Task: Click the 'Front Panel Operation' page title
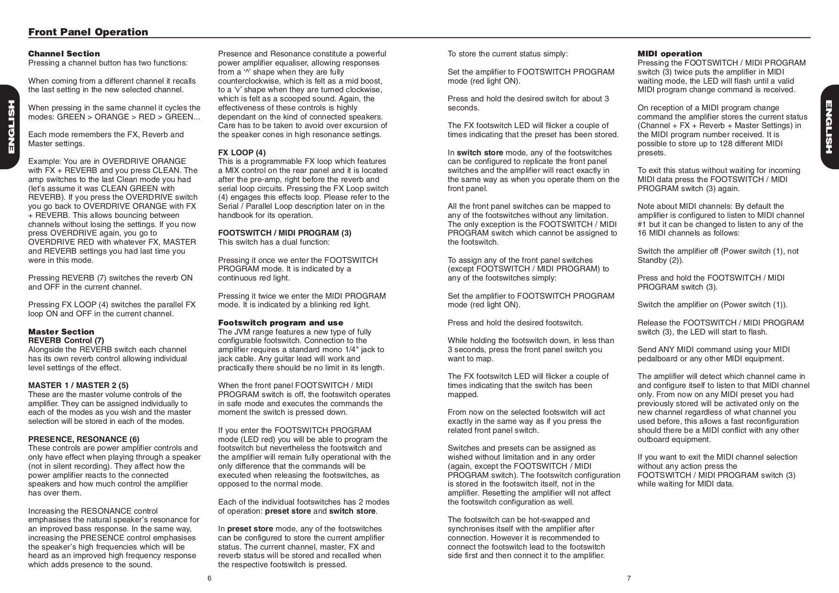point(88,32)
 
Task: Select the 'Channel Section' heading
point(64,54)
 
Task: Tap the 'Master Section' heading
point(61,332)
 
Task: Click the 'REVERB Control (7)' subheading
point(66,340)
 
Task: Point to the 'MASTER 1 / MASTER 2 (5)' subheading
point(78,385)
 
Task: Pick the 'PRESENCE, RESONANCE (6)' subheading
point(84,439)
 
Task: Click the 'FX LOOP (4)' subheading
point(242,152)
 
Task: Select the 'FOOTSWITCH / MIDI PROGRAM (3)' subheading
point(285,233)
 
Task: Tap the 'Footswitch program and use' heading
point(281,323)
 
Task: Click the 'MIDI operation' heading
point(670,54)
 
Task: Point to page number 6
point(210,579)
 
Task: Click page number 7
point(629,579)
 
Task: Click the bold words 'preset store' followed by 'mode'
point(250,529)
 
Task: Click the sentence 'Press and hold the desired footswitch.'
point(515,323)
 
